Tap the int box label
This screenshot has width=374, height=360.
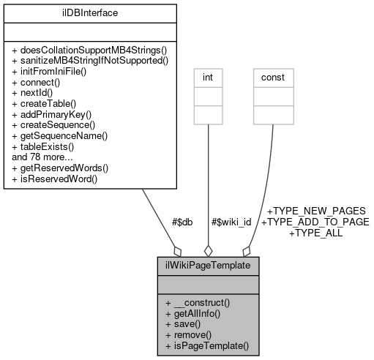coord(209,76)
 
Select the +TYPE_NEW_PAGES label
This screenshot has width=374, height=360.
coord(316,211)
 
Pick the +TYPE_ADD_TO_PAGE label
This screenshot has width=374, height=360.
coord(315,222)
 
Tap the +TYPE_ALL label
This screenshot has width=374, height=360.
coord(316,233)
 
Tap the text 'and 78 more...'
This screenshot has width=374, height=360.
coord(42,157)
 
